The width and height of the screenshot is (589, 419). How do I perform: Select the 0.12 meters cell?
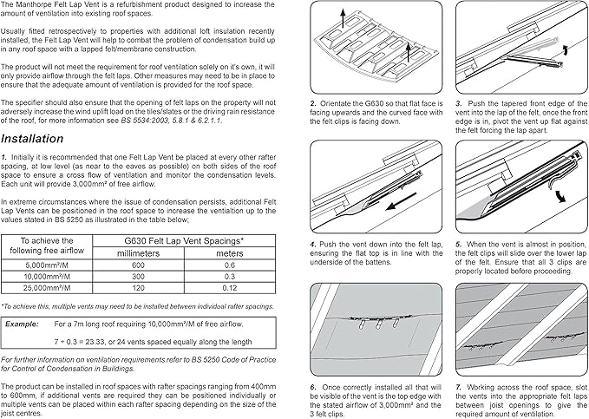coord(230,287)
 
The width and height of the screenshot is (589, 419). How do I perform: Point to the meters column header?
coord(230,252)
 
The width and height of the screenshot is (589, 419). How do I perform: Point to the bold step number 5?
coord(458,246)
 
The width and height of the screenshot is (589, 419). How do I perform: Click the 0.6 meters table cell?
coord(230,265)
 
